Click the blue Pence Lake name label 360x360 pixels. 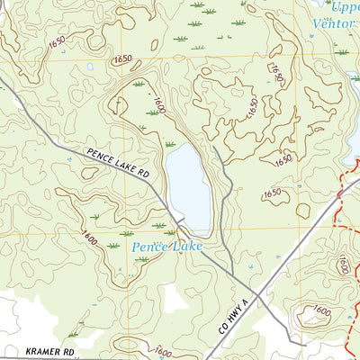tap(167, 246)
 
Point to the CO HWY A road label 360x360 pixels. tap(237, 308)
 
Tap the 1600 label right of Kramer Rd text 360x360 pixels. tap(164, 353)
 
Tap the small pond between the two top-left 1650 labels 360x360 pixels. tap(90, 66)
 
